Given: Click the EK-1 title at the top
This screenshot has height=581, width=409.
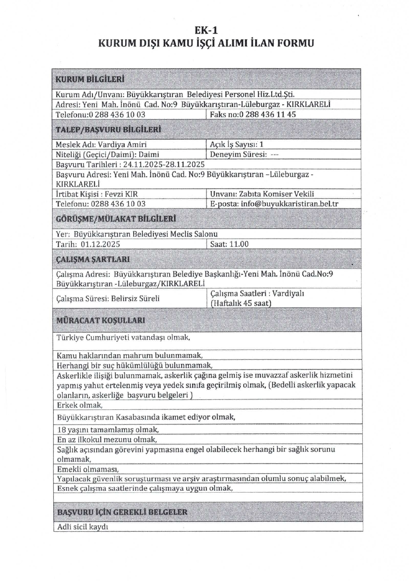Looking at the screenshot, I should click(x=206, y=30).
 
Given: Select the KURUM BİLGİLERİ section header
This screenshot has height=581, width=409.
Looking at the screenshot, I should click(x=90, y=79).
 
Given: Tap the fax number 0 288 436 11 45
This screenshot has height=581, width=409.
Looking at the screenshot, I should click(x=267, y=114).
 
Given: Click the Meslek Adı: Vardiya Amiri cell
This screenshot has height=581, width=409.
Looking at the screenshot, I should click(x=101, y=144).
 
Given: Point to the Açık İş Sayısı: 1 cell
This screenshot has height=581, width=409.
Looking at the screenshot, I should click(x=236, y=144).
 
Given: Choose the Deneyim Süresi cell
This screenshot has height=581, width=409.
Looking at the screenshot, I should click(x=244, y=154).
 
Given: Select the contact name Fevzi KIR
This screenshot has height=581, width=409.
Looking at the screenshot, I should click(x=121, y=194).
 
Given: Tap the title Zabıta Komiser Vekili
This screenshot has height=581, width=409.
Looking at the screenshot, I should click(x=276, y=194).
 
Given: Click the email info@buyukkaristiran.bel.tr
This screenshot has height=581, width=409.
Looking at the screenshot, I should click(x=289, y=204).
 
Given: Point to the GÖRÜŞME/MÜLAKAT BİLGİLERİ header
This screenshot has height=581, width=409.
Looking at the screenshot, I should click(x=116, y=219).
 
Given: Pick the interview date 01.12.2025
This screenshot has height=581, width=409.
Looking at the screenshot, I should click(x=100, y=244).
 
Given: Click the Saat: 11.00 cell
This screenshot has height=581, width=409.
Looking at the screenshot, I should click(x=229, y=244).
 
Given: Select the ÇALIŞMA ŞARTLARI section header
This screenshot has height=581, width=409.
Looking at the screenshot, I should click(x=93, y=259).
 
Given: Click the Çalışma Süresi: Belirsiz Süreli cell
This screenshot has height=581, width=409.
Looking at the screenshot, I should click(x=108, y=298).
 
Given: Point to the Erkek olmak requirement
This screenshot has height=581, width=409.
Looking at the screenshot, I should click(x=80, y=405).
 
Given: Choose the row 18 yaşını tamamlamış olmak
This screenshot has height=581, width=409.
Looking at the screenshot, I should click(x=108, y=429).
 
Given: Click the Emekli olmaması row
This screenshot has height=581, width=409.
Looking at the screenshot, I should click(x=88, y=469).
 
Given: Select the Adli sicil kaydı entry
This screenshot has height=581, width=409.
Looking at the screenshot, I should click(x=83, y=527).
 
